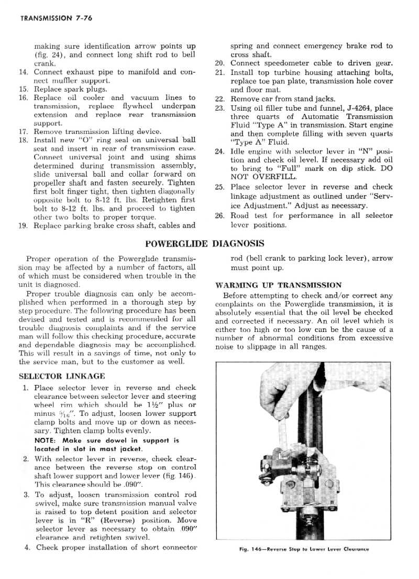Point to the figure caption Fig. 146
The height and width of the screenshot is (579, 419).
pyautogui.click(x=303, y=550)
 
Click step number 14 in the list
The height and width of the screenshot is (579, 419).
pyautogui.click(x=23, y=72)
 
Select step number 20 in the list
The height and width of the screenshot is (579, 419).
pyautogui.click(x=220, y=63)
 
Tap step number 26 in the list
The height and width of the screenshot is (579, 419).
pyautogui.click(x=220, y=216)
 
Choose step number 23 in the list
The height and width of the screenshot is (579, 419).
pyautogui.click(x=220, y=108)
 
